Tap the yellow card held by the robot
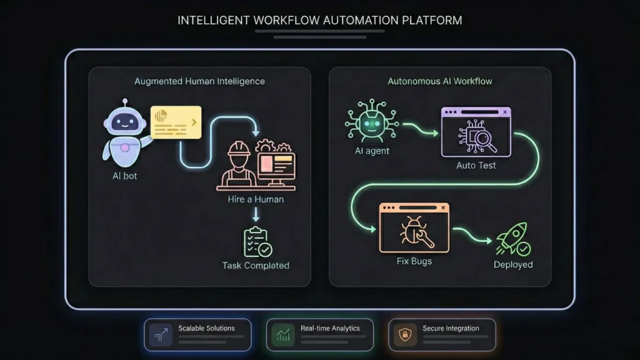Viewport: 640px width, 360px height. [x=176, y=122]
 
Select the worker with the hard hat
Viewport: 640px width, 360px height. [x=238, y=165]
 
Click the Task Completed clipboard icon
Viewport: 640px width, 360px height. [x=256, y=242]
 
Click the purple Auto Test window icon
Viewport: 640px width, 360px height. [x=476, y=132]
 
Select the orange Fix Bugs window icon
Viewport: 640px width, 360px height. [x=414, y=227]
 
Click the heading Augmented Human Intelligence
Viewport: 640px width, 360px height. [x=199, y=81]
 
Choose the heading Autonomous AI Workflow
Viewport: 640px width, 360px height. [x=440, y=81]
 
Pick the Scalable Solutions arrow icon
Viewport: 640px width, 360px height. [x=161, y=336]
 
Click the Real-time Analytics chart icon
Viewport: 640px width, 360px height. [x=282, y=336]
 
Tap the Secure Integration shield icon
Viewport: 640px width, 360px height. [x=404, y=336]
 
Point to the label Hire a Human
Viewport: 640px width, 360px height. [x=256, y=199]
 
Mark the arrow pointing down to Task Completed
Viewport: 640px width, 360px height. [x=256, y=214]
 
